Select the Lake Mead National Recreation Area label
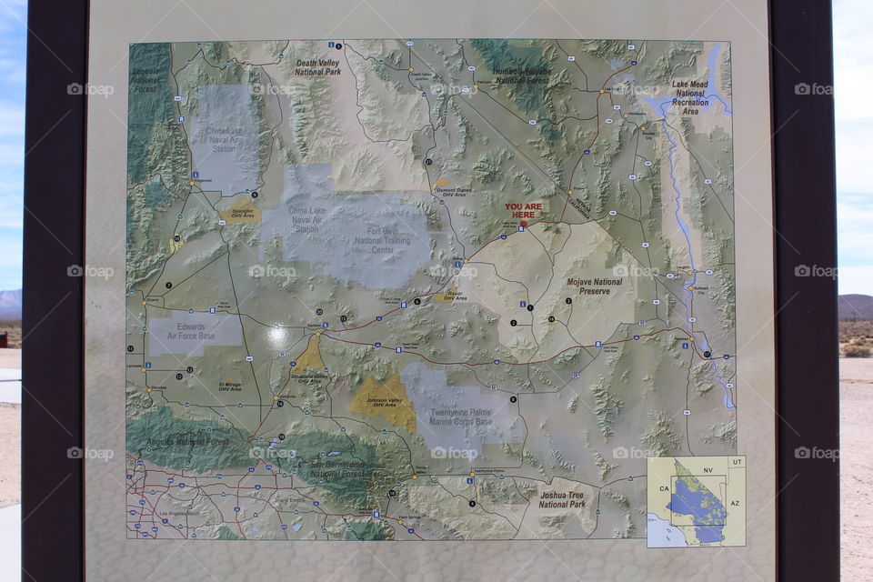[690, 97]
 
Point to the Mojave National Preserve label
[595, 286]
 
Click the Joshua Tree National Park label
[562, 499]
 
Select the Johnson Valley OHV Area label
[383, 402]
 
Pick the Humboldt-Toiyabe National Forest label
[521, 75]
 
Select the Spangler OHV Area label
[242, 212]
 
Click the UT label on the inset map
[737, 463]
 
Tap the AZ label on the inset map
[735, 502]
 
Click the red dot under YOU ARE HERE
[523, 223]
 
